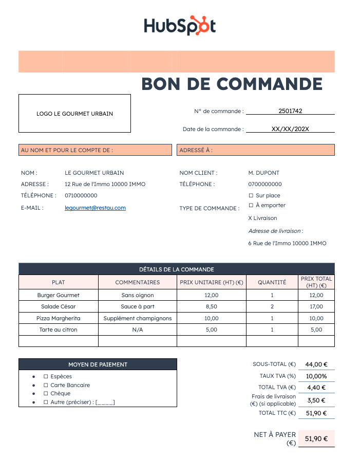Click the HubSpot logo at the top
pos(180,25)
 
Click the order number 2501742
pos(290,111)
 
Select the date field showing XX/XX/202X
pos(290,129)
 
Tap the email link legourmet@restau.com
pos(95,208)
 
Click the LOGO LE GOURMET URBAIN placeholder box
pos(74,114)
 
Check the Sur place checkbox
pos(251,196)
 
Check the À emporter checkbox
pos(251,206)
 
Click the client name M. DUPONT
pos(264,173)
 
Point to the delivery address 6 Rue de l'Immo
pos(287,243)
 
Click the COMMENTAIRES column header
pos(137,282)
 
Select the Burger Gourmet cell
pos(59,295)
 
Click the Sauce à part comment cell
pos(137,306)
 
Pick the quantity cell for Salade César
pos(272,306)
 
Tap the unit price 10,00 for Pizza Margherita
pos(212,318)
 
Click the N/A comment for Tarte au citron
pos(137,330)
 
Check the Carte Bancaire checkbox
pos(46,385)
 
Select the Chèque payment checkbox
pos(46,394)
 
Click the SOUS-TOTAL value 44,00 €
pos(316,364)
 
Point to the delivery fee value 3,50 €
pos(316,400)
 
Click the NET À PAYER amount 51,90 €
pos(316,438)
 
